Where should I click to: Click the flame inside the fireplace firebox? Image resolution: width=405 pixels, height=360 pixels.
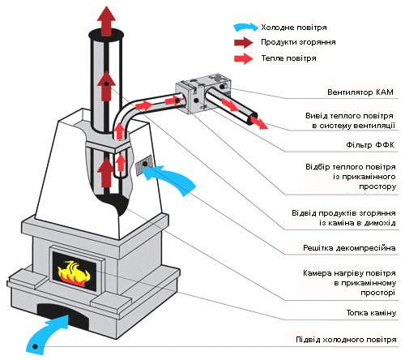[x=74, y=273]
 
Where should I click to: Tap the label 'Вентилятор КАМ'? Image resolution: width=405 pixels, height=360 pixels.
[x=360, y=92]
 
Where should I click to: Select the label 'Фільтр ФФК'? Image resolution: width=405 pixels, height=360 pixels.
[x=369, y=145]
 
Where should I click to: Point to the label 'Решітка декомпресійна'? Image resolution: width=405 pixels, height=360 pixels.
[x=349, y=248]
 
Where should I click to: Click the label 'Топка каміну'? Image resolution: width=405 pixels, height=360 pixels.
[x=371, y=313]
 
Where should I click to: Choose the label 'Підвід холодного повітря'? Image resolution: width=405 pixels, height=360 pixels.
[x=346, y=340]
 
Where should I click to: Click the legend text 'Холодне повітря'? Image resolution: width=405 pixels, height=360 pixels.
[x=294, y=28]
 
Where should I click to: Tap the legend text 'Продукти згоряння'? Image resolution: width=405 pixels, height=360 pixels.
[x=298, y=42]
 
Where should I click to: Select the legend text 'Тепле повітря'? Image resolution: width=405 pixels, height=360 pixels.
[x=288, y=58]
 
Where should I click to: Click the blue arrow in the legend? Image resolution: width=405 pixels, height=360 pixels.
[x=245, y=27]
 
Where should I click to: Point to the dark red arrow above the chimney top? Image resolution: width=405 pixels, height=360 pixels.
[x=106, y=21]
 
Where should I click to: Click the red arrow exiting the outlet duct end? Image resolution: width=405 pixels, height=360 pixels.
[x=258, y=122]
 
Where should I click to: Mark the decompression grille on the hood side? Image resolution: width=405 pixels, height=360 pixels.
[x=144, y=165]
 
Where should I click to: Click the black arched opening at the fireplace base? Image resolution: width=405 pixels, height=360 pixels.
[x=62, y=315]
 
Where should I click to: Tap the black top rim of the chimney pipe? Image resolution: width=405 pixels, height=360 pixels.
[x=106, y=35]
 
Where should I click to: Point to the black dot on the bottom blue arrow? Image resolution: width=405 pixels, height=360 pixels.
[x=35, y=346]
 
